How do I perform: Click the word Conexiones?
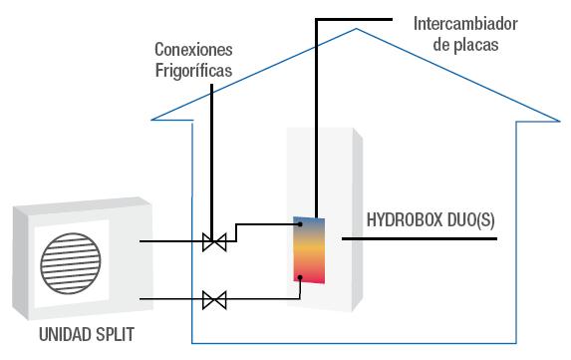click(x=193, y=50)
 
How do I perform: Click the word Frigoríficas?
click(x=193, y=71)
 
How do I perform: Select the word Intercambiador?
click(x=465, y=24)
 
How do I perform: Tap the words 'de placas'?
click(x=465, y=45)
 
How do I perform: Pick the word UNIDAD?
click(x=65, y=335)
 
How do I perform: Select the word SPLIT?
click(x=115, y=335)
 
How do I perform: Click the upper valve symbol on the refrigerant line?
click(x=214, y=242)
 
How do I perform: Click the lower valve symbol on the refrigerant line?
click(x=214, y=300)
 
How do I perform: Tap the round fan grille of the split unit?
click(x=71, y=263)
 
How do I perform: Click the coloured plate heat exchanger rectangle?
click(x=309, y=250)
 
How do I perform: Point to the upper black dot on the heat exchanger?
click(x=300, y=224)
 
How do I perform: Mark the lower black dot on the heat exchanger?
click(x=300, y=277)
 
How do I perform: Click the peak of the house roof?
click(x=356, y=29)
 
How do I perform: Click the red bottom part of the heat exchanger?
click(x=309, y=274)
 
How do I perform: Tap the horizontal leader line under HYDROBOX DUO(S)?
click(x=420, y=239)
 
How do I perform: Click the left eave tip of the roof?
click(x=152, y=119)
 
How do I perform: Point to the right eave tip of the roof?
click(x=559, y=121)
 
